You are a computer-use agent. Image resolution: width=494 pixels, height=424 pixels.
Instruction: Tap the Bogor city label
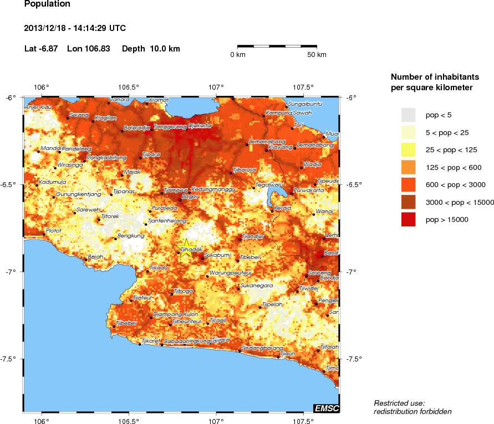tap(190, 196)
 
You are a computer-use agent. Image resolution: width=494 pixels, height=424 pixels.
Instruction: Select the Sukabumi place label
tap(216, 255)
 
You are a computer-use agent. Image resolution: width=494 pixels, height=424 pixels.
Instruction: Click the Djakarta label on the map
tap(200, 126)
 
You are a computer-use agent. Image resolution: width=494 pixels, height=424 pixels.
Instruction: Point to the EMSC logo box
tap(327, 409)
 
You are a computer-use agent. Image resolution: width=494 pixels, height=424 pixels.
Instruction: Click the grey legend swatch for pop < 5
tap(409, 115)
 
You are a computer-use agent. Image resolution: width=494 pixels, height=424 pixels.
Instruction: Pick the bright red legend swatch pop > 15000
tap(409, 220)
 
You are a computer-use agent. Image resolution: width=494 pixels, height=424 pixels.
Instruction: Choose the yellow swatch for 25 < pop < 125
tap(409, 149)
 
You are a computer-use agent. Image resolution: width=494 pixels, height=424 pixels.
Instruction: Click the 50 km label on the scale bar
tap(317, 55)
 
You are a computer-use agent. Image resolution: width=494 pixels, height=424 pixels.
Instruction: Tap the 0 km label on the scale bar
tap(238, 55)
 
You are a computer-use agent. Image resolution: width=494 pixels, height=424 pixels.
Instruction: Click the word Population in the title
tap(48, 4)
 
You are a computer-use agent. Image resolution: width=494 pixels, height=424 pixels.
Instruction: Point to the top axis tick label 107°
tap(216, 87)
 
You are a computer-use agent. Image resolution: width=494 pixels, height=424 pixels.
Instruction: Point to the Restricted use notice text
tap(399, 403)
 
